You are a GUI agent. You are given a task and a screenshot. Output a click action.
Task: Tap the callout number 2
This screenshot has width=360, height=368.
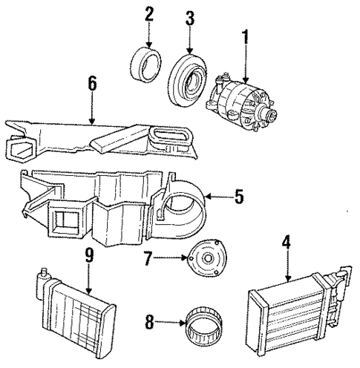coord(149,13)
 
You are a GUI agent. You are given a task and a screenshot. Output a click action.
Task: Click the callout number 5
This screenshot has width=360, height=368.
coord(238,197)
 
